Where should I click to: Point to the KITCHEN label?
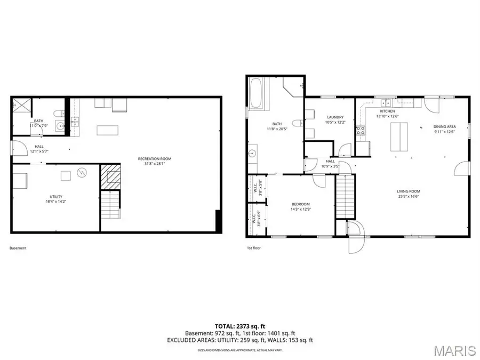pyautogui.click(x=387, y=111)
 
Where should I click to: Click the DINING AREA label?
pyautogui.click(x=444, y=126)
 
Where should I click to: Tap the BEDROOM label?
pyautogui.click(x=300, y=204)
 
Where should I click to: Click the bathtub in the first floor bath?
pyautogui.click(x=256, y=95)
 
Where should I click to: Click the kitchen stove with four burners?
pyautogui.click(x=360, y=129)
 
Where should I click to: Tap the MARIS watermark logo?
pyautogui.click(x=454, y=350)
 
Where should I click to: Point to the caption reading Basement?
pyautogui.click(x=18, y=248)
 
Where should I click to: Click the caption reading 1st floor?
pyautogui.click(x=253, y=248)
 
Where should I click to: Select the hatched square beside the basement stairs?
pyautogui.click(x=111, y=175)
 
